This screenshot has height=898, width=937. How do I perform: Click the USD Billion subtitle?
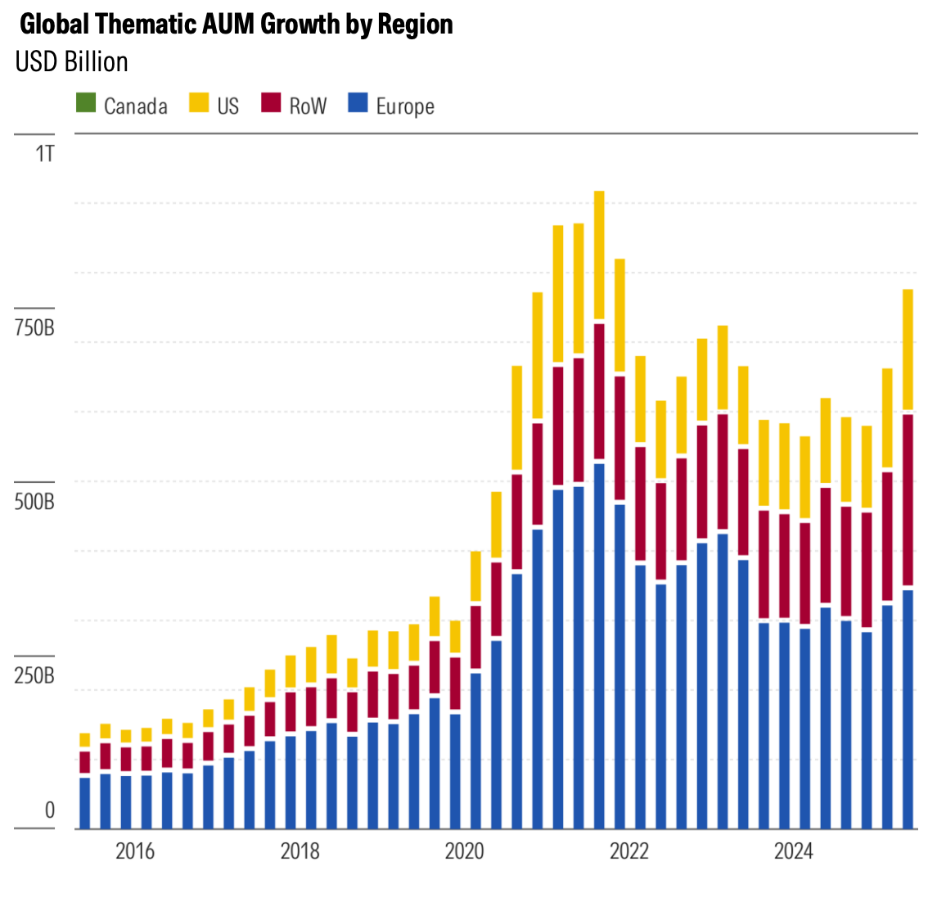[x=72, y=62]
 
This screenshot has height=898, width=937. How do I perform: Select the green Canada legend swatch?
[x=86, y=104]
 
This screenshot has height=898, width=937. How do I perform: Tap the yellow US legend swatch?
[x=200, y=104]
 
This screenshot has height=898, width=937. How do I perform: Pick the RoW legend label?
[x=308, y=106]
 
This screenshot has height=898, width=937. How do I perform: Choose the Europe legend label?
[x=405, y=106]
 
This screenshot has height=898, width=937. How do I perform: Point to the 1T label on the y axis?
[x=44, y=153]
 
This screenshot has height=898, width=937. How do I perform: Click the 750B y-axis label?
[x=34, y=329]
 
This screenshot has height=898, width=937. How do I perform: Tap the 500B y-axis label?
[x=34, y=502]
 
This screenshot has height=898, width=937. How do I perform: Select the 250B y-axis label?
[x=34, y=677]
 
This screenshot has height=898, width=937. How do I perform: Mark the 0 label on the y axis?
[x=49, y=810]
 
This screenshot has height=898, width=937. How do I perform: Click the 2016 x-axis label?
[x=135, y=851]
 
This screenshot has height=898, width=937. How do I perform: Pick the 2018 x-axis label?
[x=300, y=851]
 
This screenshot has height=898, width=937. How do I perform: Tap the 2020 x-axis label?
[x=465, y=851]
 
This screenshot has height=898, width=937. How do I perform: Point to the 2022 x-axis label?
[x=629, y=851]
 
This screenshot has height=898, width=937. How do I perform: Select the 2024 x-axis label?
[x=794, y=851]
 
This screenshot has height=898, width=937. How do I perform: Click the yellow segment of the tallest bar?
[x=599, y=254]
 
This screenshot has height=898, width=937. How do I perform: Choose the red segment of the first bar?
[x=85, y=762]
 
